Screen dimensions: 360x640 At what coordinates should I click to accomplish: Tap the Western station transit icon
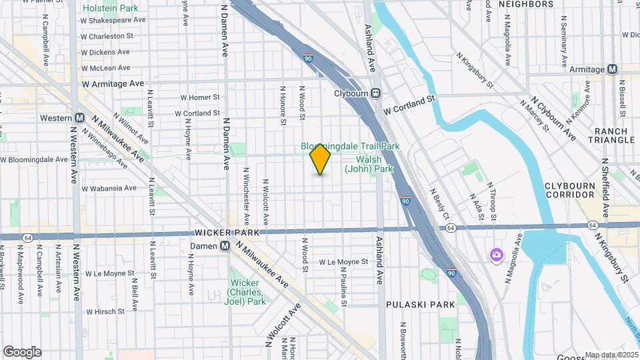(x=79, y=118)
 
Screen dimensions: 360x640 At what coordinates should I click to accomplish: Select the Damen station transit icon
(x=225, y=246)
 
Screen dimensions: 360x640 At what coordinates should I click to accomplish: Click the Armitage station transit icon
(x=612, y=69)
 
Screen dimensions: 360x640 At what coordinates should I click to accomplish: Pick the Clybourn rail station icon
(x=376, y=93)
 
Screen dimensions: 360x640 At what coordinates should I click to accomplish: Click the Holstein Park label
(x=111, y=9)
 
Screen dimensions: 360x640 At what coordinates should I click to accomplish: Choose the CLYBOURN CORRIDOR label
(x=569, y=189)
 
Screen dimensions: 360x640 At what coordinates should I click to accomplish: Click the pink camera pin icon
(x=497, y=255)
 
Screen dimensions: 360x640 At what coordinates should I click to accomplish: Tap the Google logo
(x=22, y=351)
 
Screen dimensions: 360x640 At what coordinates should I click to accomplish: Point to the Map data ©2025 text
(x=611, y=355)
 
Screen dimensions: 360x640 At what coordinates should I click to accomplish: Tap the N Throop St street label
(x=493, y=201)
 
